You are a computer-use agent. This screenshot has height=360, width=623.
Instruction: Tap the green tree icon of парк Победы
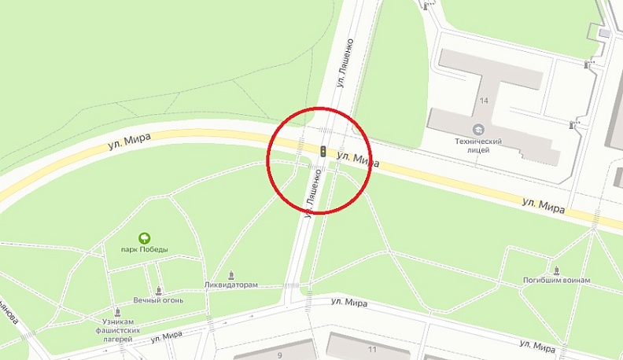coord(144,237)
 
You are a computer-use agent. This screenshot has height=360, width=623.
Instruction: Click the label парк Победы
coord(145,250)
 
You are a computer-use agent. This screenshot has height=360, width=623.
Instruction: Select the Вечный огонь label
coord(158,299)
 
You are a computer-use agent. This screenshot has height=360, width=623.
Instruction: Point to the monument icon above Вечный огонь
coord(159,289)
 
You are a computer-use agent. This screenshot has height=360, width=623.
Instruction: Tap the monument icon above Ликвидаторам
coord(231,275)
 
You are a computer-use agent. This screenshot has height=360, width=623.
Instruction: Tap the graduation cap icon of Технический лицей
coord(477,129)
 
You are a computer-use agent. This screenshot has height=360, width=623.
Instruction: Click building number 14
coord(483,101)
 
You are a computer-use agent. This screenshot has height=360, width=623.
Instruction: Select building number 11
coord(371,348)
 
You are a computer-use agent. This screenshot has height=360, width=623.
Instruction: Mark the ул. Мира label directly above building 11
coord(349,303)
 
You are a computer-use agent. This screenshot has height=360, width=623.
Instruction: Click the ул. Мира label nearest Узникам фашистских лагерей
coord(167,336)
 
